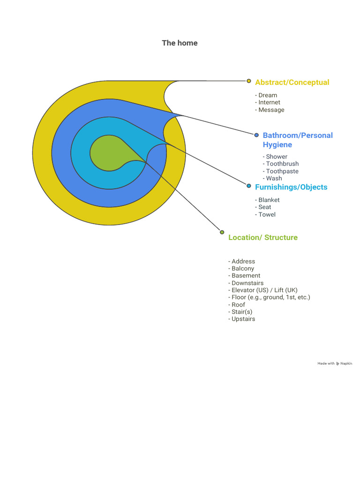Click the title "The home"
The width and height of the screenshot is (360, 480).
[x=180, y=43]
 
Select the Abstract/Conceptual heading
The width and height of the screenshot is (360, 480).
[x=292, y=82]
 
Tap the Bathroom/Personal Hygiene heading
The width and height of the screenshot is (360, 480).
[x=298, y=140]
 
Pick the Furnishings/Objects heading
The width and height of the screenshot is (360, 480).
[x=291, y=187]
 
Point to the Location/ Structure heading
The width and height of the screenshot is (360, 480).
[x=262, y=237]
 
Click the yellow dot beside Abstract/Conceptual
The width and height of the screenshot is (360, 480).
[x=249, y=81]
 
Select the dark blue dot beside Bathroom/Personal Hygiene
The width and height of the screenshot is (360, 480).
[x=256, y=135]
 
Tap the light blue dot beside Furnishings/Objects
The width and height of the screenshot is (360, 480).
[x=249, y=186]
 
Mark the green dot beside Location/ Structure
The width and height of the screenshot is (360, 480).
[x=222, y=232]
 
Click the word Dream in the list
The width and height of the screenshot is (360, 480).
[x=268, y=95]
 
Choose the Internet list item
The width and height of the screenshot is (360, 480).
[x=269, y=102]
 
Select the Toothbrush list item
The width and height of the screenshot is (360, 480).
[x=282, y=164]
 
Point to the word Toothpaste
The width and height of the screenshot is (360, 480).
[x=282, y=171]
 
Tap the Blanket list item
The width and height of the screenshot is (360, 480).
[x=269, y=200]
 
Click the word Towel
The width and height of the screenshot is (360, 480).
[x=267, y=214]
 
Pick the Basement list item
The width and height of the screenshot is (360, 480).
[x=246, y=276]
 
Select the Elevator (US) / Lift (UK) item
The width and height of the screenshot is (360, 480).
[x=264, y=290]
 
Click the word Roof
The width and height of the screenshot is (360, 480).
[x=238, y=305]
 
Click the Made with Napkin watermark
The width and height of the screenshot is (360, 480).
[x=335, y=363]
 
